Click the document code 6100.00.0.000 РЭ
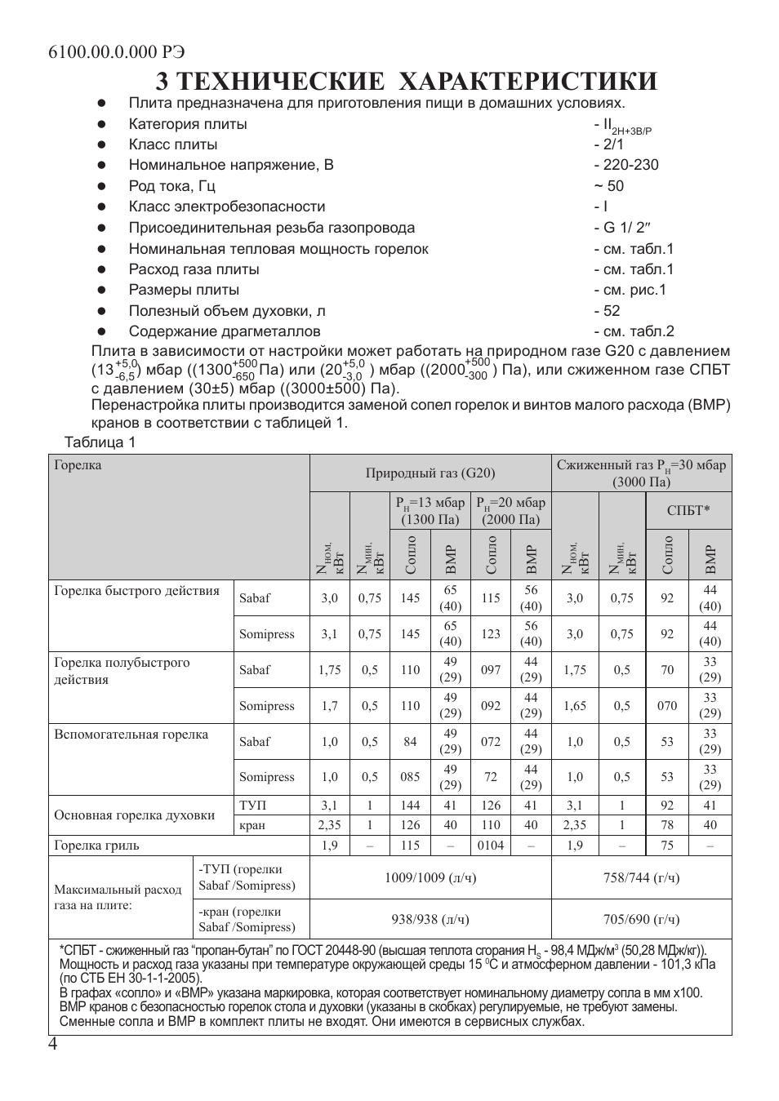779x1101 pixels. [117, 51]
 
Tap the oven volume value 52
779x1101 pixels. [612, 311]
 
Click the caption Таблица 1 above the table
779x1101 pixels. [100, 442]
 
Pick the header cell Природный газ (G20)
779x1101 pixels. [430, 473]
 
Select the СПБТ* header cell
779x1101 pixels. [688, 511]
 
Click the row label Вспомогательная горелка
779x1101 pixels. [131, 735]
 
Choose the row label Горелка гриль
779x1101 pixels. [96, 846]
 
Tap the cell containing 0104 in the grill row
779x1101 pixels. [491, 846]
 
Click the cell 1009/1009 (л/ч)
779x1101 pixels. [430, 878]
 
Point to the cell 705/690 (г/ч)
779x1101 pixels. [641, 920]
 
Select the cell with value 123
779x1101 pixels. [491, 634]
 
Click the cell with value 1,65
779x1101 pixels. [575, 706]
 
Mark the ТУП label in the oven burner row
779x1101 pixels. [252, 806]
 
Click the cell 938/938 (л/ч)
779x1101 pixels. [430, 920]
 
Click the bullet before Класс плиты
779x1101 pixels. [102, 145]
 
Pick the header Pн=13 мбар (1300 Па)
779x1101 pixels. [430, 511]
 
